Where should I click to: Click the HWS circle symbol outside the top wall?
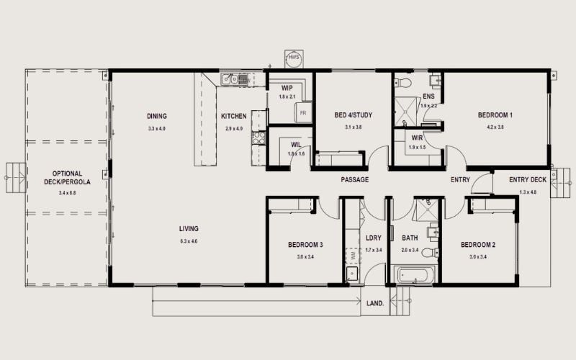pyautogui.click(x=294, y=58)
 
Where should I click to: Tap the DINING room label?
pyautogui.click(x=157, y=116)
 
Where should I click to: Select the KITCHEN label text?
pyautogui.click(x=233, y=116)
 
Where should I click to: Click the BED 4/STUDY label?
pyautogui.click(x=353, y=115)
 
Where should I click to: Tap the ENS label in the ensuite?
pyautogui.click(x=428, y=96)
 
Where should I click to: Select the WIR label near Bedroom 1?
pyautogui.click(x=417, y=137)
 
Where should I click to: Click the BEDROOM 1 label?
pyautogui.click(x=495, y=115)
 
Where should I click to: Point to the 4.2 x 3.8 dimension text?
pyautogui.click(x=495, y=127)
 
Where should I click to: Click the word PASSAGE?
pyautogui.click(x=355, y=179)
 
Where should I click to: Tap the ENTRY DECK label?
pyautogui.click(x=528, y=179)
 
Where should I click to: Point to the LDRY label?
pyautogui.click(x=373, y=238)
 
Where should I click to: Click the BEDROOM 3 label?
pyautogui.click(x=305, y=245)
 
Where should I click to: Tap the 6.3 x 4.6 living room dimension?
pyautogui.click(x=189, y=240)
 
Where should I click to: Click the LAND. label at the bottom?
pyautogui.click(x=377, y=303)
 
